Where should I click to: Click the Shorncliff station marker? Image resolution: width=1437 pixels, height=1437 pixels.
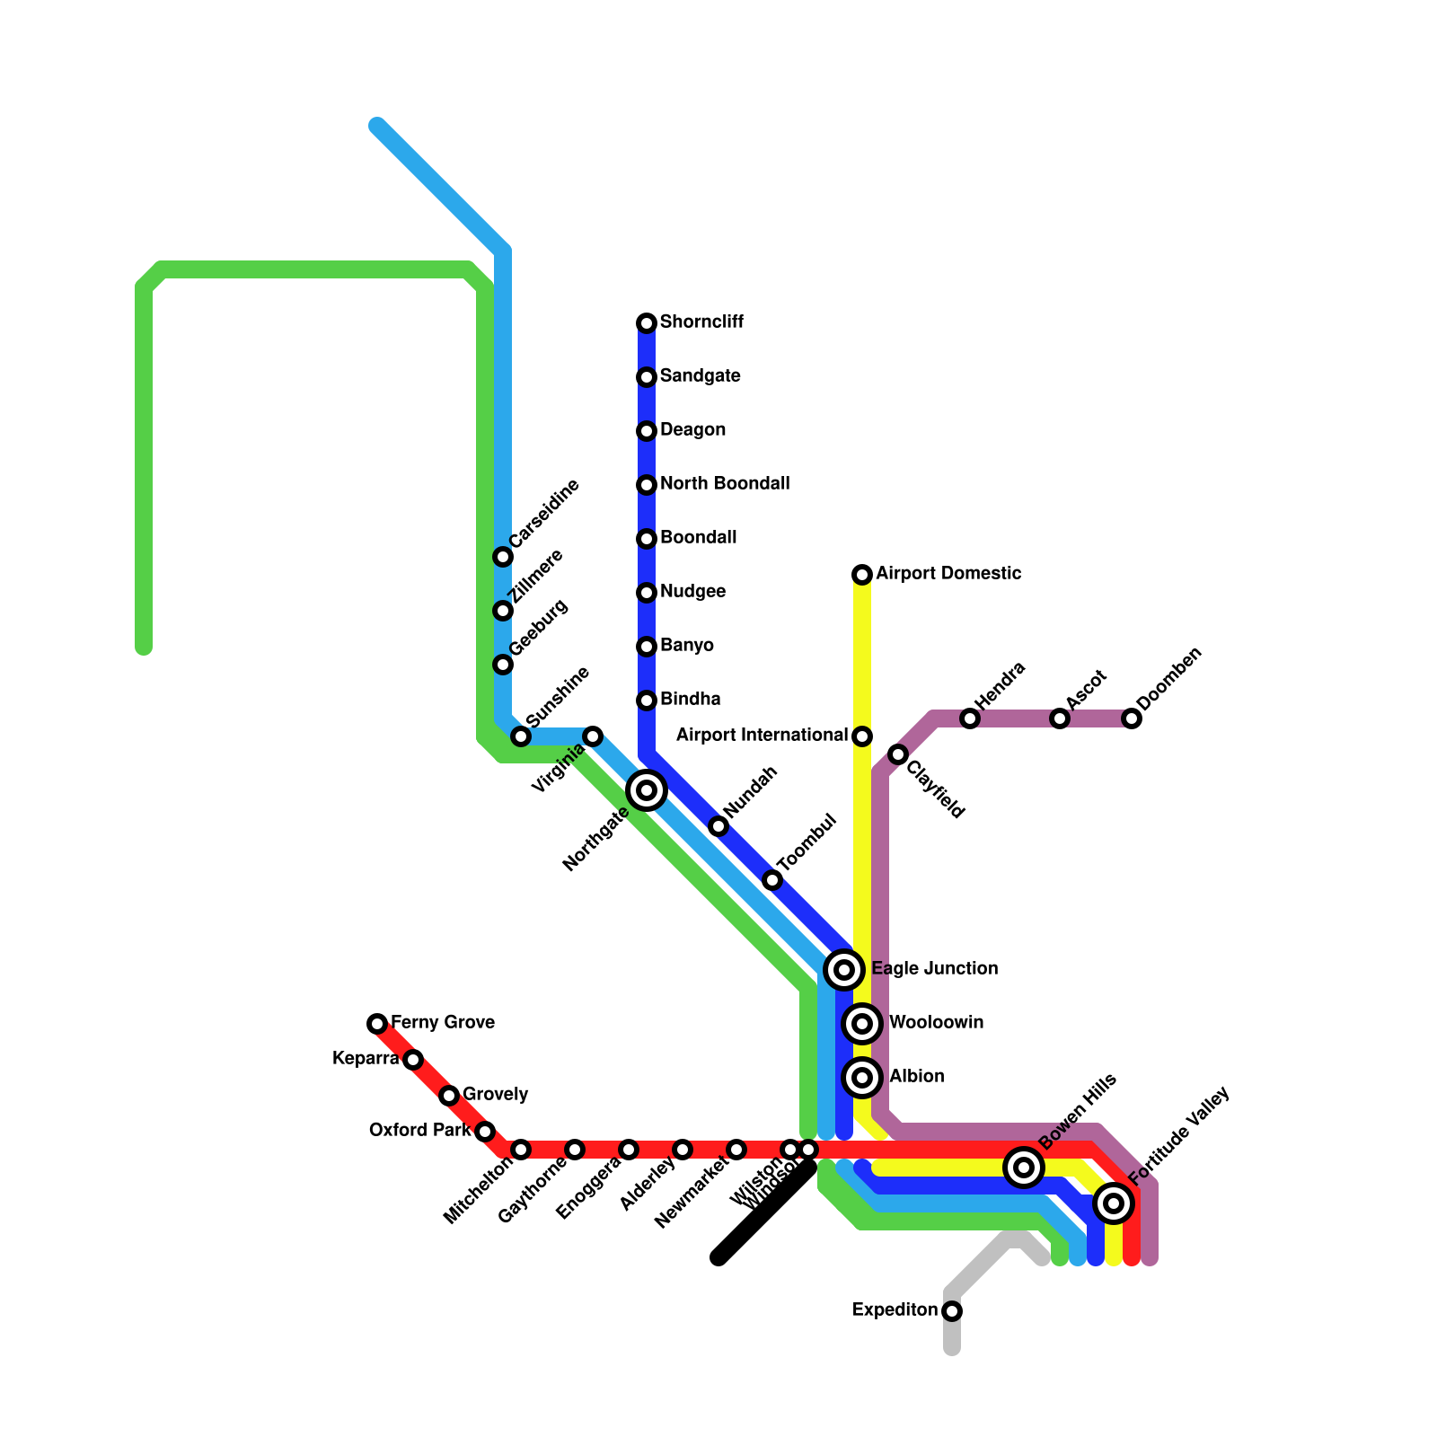click(x=647, y=323)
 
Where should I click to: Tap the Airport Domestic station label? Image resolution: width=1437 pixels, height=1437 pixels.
click(x=948, y=574)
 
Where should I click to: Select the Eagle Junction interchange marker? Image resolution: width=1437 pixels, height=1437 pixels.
click(x=844, y=970)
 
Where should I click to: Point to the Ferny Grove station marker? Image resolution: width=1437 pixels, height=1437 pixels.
click(x=377, y=1024)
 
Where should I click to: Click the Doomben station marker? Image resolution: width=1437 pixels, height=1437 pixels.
click(x=1132, y=718)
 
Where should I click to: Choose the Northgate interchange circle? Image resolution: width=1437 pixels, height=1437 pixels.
click(x=647, y=790)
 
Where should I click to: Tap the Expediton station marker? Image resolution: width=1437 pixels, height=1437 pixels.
click(x=952, y=1311)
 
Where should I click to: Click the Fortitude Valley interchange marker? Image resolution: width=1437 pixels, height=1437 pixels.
click(x=1114, y=1203)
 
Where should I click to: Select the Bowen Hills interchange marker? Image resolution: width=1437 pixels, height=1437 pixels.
click(x=1024, y=1168)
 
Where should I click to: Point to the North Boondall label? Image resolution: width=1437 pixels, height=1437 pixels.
click(x=725, y=484)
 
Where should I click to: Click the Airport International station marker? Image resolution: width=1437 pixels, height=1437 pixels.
click(x=862, y=736)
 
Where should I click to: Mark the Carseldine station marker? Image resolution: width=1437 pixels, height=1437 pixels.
click(x=503, y=557)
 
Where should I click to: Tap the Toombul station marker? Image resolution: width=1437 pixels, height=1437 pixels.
click(x=772, y=880)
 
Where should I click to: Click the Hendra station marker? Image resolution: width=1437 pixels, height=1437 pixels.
click(x=970, y=718)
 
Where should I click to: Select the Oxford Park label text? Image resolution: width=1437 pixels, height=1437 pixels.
click(x=419, y=1131)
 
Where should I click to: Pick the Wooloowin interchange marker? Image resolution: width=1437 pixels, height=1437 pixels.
click(x=862, y=1024)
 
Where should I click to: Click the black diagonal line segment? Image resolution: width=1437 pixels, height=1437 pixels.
click(x=763, y=1212)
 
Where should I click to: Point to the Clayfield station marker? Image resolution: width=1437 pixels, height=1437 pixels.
click(x=898, y=754)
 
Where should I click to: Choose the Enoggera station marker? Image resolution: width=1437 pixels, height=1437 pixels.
click(x=629, y=1150)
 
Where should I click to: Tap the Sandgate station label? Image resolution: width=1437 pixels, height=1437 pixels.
click(x=700, y=376)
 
